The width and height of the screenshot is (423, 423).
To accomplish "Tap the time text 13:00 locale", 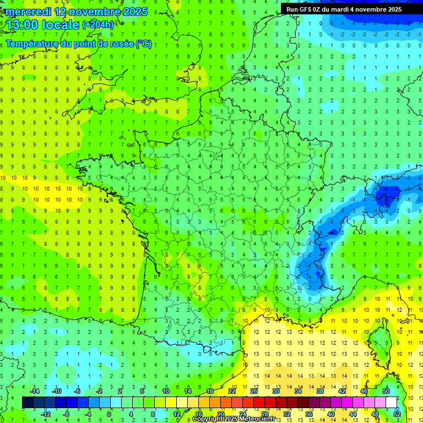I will pyautogui.click(x=42, y=24).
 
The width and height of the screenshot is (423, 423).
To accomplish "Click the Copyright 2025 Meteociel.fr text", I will pyautogui.click(x=234, y=419).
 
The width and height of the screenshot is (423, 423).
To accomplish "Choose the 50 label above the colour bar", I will pyautogui.click(x=386, y=391).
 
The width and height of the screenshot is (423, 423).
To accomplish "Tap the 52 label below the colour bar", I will pyautogui.click(x=397, y=414).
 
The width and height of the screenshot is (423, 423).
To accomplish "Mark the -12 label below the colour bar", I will pyautogui.click(x=47, y=414).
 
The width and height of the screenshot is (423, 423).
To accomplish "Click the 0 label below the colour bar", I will pyautogui.click(x=109, y=414).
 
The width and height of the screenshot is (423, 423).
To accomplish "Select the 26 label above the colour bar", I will pyautogui.click(x=254, y=391).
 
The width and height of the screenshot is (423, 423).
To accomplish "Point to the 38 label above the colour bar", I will pyautogui.click(x=319, y=391).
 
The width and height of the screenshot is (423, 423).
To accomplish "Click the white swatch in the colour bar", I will pyautogui.click(x=391, y=403).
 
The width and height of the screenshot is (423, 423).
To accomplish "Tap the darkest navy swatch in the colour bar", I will pyautogui.click(x=28, y=403).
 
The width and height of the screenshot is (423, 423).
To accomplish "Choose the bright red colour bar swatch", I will pyautogui.click(x=259, y=403).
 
